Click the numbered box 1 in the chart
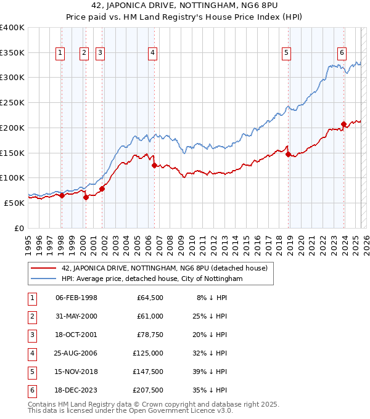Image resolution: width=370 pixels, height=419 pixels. (60, 53)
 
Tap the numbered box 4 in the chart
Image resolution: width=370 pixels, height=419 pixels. (152, 53)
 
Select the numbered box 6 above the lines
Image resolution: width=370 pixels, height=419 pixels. (342, 53)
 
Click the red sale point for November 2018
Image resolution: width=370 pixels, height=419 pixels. (288, 154)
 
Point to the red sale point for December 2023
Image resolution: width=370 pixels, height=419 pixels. (343, 124)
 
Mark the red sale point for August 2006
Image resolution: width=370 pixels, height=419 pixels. (154, 165)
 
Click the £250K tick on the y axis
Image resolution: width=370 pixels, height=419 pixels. (12, 102)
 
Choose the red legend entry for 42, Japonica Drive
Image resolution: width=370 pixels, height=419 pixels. (164, 269)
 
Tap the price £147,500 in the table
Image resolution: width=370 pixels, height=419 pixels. (148, 372)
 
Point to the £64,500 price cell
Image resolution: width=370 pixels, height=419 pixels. (150, 298)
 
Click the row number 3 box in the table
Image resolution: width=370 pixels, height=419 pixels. (31, 335)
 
